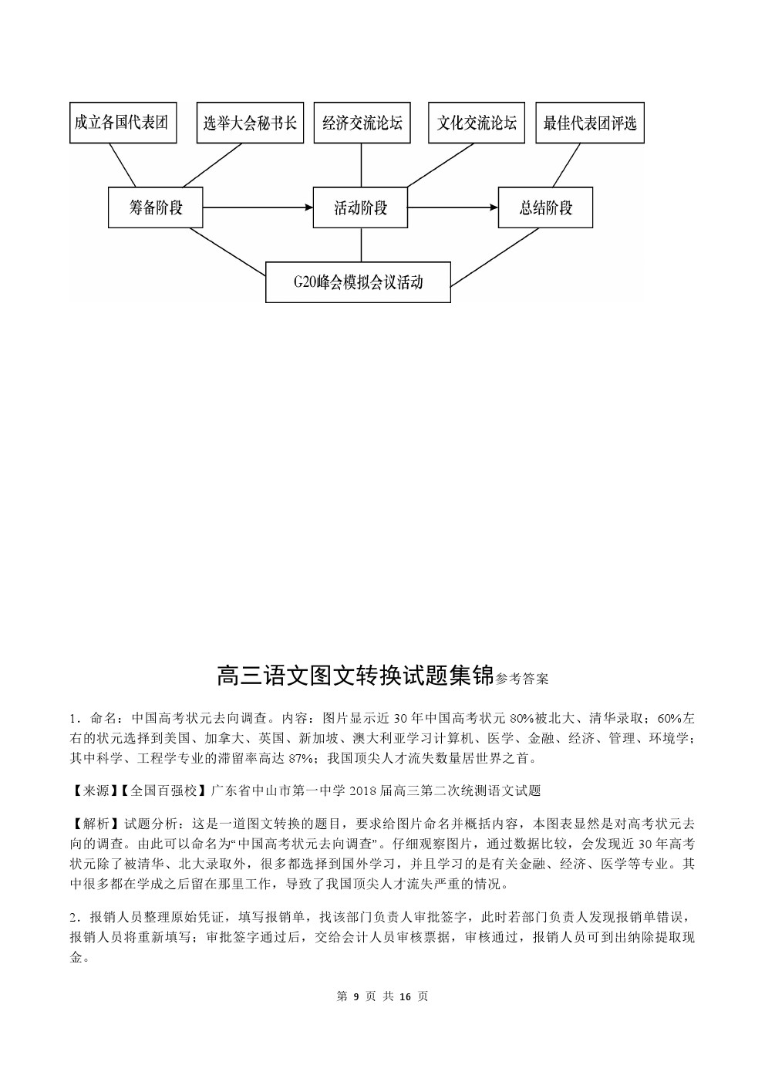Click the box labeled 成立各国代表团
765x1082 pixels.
point(123,123)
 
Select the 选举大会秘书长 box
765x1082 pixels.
point(250,123)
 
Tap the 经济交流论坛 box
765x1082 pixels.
point(362,123)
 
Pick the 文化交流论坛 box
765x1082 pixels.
point(476,123)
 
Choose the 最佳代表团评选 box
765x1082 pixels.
point(589,123)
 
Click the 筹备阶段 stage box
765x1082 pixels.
point(156,207)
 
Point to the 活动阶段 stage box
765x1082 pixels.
point(360,207)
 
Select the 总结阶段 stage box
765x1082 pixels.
point(545,207)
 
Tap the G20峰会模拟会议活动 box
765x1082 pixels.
point(358,282)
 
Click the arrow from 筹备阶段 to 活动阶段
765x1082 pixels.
point(258,207)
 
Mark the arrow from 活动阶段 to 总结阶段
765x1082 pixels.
point(452,207)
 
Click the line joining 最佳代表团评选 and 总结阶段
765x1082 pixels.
point(566,165)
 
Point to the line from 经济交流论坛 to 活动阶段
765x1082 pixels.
point(362,165)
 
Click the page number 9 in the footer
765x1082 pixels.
point(356,996)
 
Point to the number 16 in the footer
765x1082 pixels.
point(405,996)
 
